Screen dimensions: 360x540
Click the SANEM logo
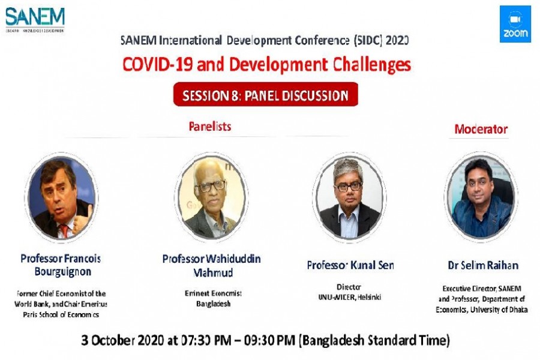click(35, 19)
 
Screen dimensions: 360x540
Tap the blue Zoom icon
click(515, 24)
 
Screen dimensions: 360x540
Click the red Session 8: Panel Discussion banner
click(265, 95)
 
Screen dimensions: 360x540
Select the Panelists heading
click(209, 127)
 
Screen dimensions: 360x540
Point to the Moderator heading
click(481, 129)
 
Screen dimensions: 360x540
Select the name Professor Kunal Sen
click(350, 265)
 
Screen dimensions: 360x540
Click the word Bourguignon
click(61, 272)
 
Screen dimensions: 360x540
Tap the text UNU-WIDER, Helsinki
click(350, 297)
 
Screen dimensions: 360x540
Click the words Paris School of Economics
click(61, 314)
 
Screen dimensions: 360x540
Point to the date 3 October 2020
click(124, 341)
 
